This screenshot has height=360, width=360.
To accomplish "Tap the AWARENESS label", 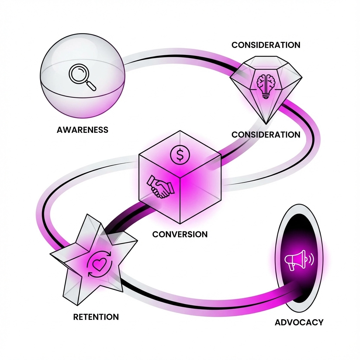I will pos(82,130).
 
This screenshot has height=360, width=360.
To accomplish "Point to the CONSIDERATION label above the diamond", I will pos(266,45).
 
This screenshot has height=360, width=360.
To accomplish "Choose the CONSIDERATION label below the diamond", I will pos(266,135).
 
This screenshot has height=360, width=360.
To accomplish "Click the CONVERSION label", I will pos(180,234).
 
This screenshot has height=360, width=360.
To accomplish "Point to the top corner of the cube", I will pos(180,131).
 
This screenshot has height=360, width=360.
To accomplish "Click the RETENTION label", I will pos(96,317).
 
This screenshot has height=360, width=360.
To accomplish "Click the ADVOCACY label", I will pos(299,322).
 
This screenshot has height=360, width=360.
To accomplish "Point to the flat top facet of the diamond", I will pos(266,62).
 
